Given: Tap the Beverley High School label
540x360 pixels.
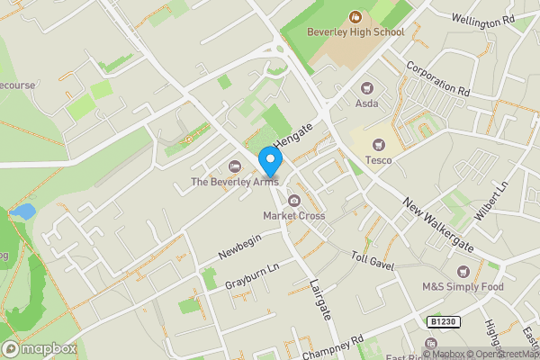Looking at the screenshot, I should coord(355,31).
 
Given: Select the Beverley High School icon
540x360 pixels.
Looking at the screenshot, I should coord(355,16).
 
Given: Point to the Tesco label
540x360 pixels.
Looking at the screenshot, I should coord(378,161).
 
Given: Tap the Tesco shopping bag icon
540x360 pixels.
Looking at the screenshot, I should coord(378,145).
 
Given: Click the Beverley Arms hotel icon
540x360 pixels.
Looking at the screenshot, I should coord(236,166).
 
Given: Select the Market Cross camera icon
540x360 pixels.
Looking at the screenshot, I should coord(293,200).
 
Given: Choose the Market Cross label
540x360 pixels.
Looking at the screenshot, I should coord(292,216).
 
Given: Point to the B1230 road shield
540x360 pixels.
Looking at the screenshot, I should coord(438,321).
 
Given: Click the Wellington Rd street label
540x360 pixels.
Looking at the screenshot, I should coord(482,18).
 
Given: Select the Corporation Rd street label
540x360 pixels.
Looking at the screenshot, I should coord(438,78).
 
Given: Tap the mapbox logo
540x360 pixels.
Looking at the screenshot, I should coord(40,348).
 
